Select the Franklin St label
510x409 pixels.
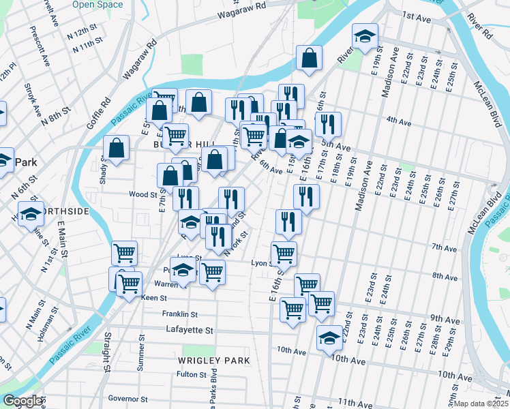(179, 314)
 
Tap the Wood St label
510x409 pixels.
(143, 194)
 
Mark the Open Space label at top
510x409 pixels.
(97, 4)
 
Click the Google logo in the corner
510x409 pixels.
(22, 401)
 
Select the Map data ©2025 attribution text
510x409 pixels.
(482, 404)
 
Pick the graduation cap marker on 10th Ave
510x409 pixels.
(329, 337)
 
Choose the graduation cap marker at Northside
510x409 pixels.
(31, 214)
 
